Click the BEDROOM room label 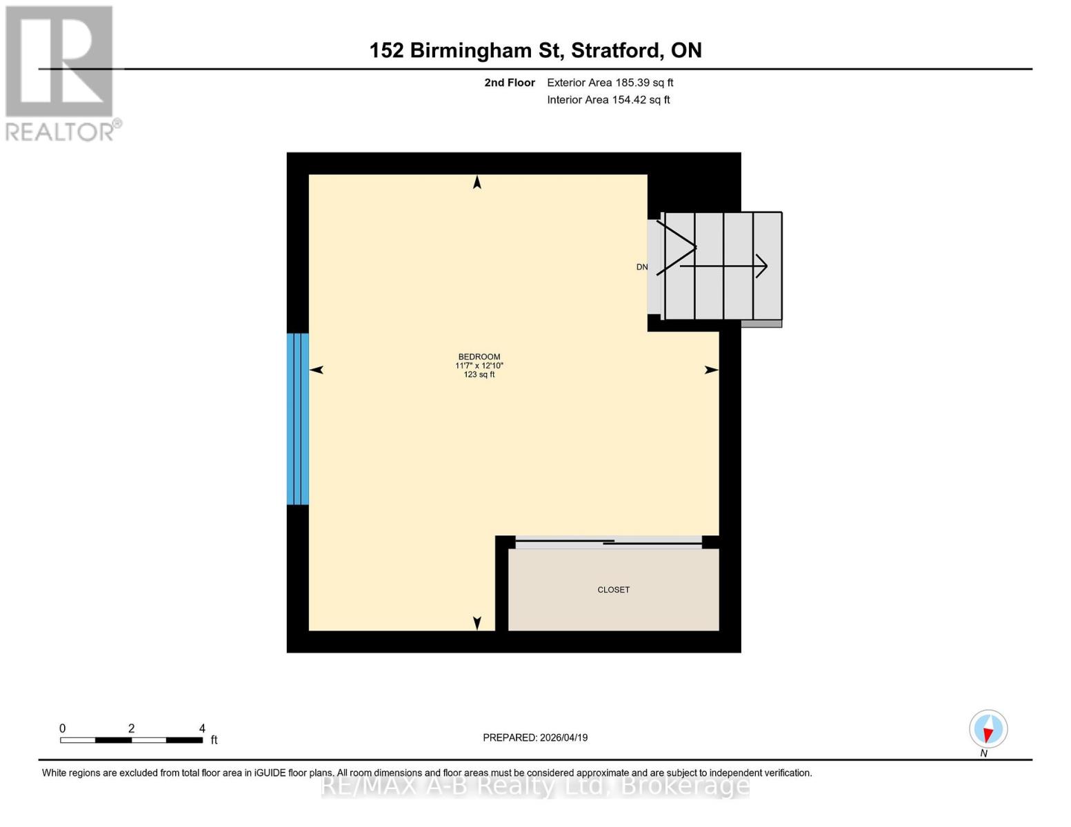point(479,357)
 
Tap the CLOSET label point(613,590)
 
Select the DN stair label point(641,267)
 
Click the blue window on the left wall point(298,419)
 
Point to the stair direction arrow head point(762,266)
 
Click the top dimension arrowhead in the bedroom point(477,182)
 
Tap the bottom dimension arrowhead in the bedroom point(477,623)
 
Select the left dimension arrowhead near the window point(317,370)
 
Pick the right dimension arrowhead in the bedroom point(711,370)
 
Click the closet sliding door point(608,542)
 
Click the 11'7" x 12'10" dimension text point(479,366)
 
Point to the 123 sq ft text point(479,375)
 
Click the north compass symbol point(988,729)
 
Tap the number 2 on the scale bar point(131,728)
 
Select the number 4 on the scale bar point(202,728)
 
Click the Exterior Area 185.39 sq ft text point(610,83)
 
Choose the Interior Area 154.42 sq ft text point(608,100)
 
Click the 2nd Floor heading point(510,83)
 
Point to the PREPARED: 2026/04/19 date point(535,737)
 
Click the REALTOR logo point(61,72)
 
